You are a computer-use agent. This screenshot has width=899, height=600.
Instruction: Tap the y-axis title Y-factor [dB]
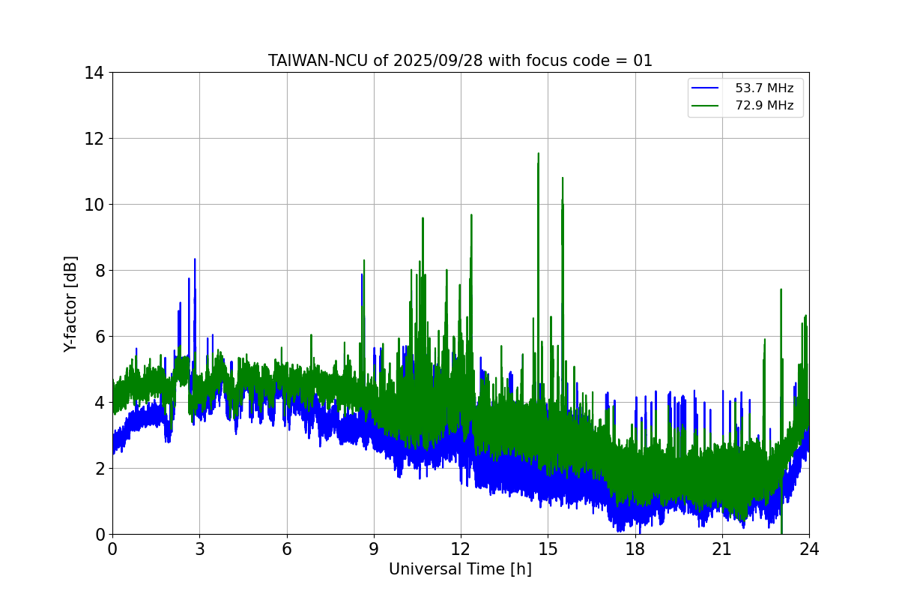(70, 304)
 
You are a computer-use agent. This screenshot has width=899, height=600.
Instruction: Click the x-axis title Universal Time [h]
(460, 569)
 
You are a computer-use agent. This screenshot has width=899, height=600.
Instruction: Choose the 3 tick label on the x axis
(199, 549)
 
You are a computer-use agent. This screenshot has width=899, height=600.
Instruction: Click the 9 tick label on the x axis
(374, 549)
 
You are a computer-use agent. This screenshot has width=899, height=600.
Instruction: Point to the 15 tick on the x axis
(548, 549)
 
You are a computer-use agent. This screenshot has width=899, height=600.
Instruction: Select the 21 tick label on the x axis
(722, 549)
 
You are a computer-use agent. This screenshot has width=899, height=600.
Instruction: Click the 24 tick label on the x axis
(809, 549)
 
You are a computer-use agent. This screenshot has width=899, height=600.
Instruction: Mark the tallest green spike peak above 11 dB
(538, 154)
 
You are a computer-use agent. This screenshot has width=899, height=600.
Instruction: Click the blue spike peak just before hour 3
(195, 259)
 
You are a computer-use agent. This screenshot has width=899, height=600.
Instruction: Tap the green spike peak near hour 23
(781, 289)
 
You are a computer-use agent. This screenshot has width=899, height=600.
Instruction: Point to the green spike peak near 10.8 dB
(562, 178)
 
